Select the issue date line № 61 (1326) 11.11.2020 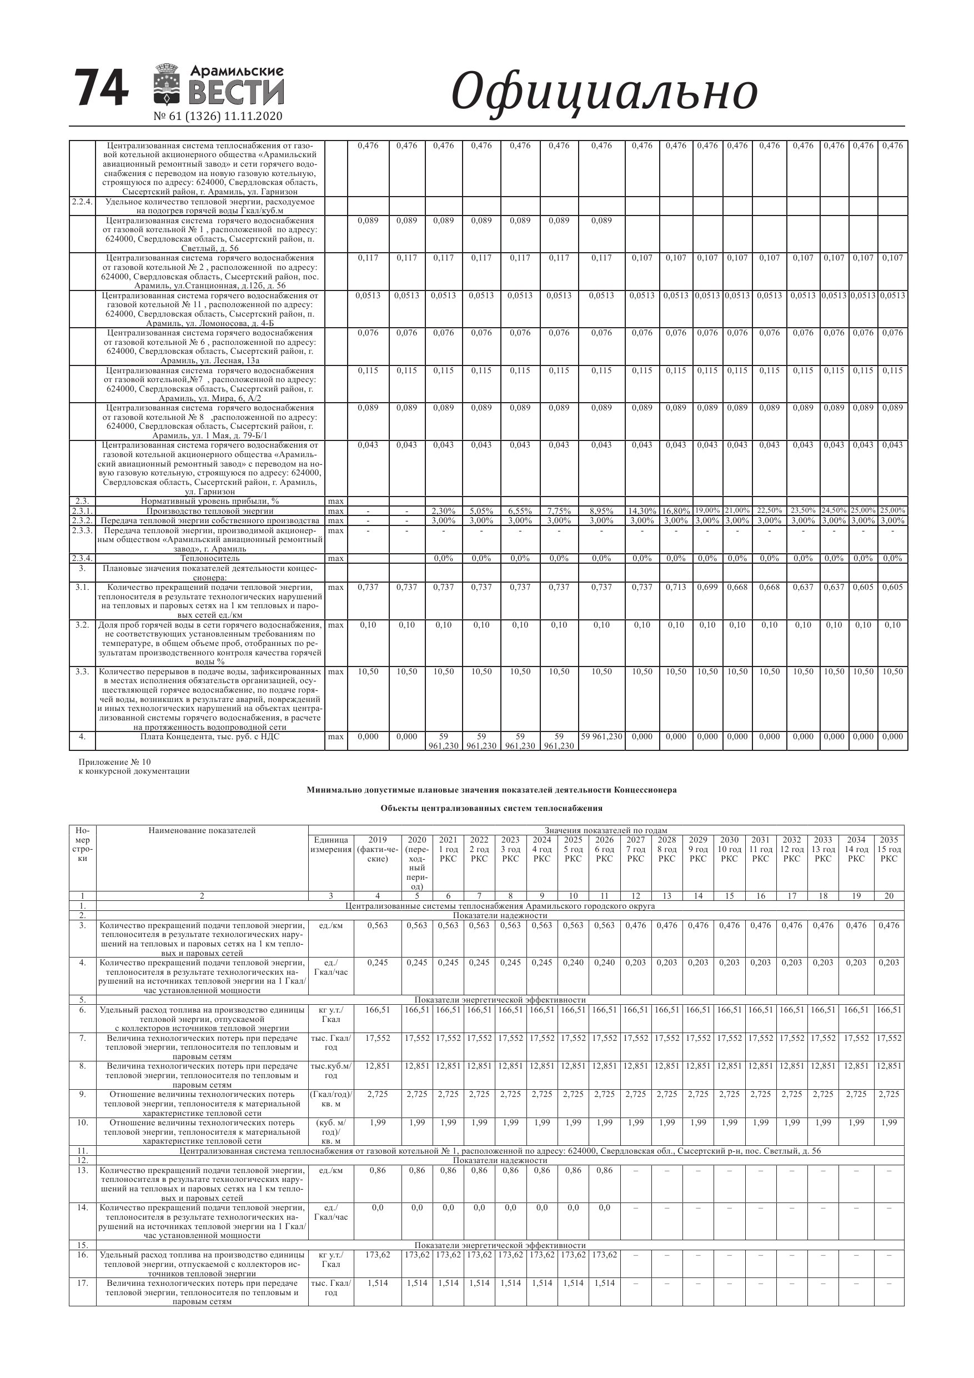click(x=218, y=116)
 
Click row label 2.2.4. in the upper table click(x=82, y=202)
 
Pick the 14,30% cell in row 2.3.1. click(x=641, y=511)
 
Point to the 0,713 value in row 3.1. click(x=675, y=587)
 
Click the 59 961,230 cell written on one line click(x=601, y=736)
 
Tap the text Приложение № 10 click(x=114, y=762)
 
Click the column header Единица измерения click(x=330, y=844)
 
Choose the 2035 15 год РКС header click(x=889, y=849)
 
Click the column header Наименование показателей click(x=202, y=831)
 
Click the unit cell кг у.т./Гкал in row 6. click(x=330, y=1014)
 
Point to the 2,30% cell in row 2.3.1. click(x=444, y=511)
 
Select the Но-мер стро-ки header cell click(x=82, y=844)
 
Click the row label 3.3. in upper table click(x=82, y=672)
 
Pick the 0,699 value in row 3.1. click(x=707, y=587)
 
